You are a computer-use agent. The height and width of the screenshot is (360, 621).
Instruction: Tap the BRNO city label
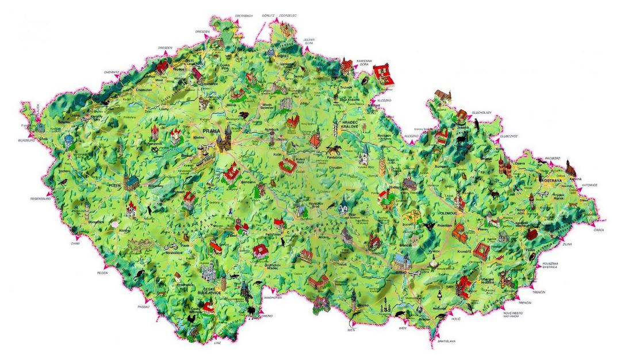[x=401, y=273]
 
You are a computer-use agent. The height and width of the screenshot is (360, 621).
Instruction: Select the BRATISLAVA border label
[x=446, y=341]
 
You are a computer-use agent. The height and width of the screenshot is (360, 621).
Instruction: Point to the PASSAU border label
[x=144, y=307]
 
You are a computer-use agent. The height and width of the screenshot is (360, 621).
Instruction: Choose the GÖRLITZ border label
[x=269, y=15]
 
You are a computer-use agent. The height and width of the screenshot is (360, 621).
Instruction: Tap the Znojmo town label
[x=363, y=305]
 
